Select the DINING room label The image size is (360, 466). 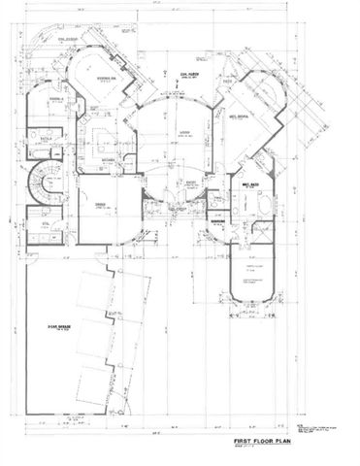(100, 206)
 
